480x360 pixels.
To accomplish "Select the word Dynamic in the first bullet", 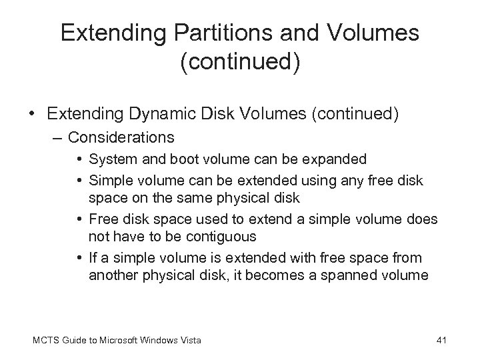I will (x=165, y=115).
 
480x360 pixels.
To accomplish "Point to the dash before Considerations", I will (x=58, y=138).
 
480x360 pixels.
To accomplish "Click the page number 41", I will (x=441, y=341).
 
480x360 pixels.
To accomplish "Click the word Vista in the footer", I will (x=191, y=341).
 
